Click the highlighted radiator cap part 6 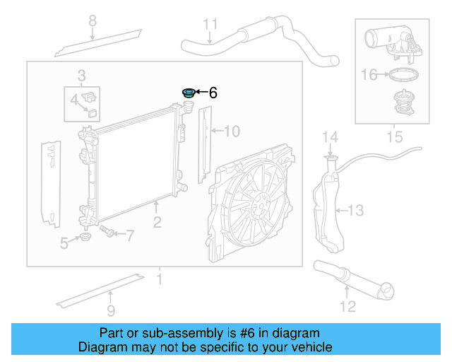click(189, 93)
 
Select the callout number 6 click(213, 93)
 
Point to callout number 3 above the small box click(82, 75)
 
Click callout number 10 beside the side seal click(232, 131)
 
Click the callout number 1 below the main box click(160, 279)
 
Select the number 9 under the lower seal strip click(110, 310)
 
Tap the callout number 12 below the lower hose click(347, 306)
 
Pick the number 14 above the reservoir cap click(331, 136)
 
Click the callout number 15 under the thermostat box click(394, 136)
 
